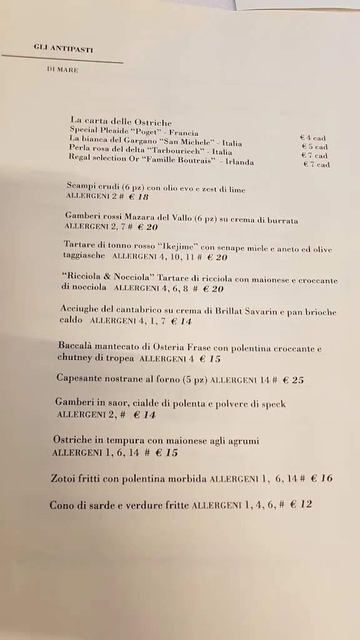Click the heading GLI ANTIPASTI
click(64, 49)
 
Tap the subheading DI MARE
click(62, 70)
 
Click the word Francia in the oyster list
click(182, 132)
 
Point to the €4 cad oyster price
click(313, 138)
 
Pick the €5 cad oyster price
click(314, 147)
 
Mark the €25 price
click(292, 379)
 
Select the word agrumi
click(240, 441)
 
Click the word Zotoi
click(67, 479)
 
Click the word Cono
click(61, 505)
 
